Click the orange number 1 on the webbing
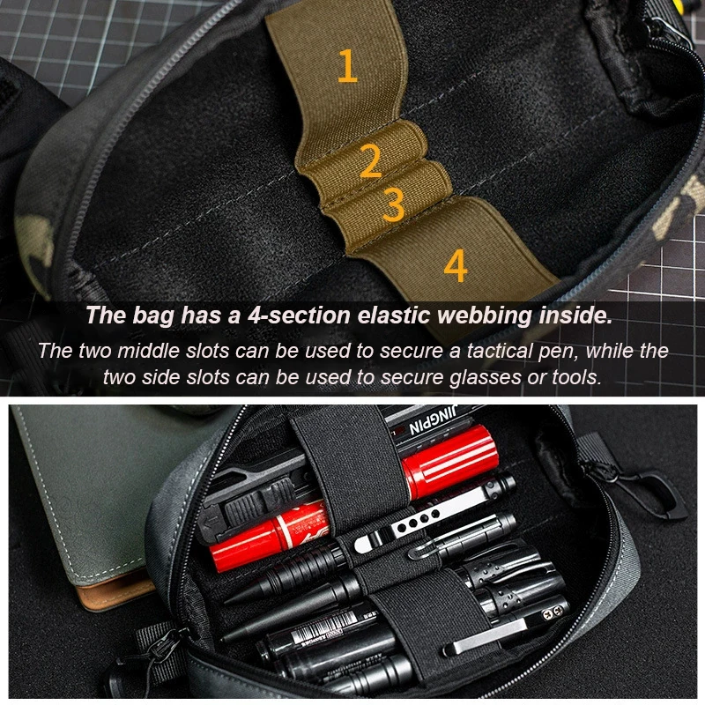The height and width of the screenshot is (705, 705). coord(348,66)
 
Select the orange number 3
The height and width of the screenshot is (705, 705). coord(393,204)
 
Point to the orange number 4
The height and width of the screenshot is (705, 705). coord(455,265)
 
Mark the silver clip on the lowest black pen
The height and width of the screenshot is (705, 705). coord(493,639)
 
